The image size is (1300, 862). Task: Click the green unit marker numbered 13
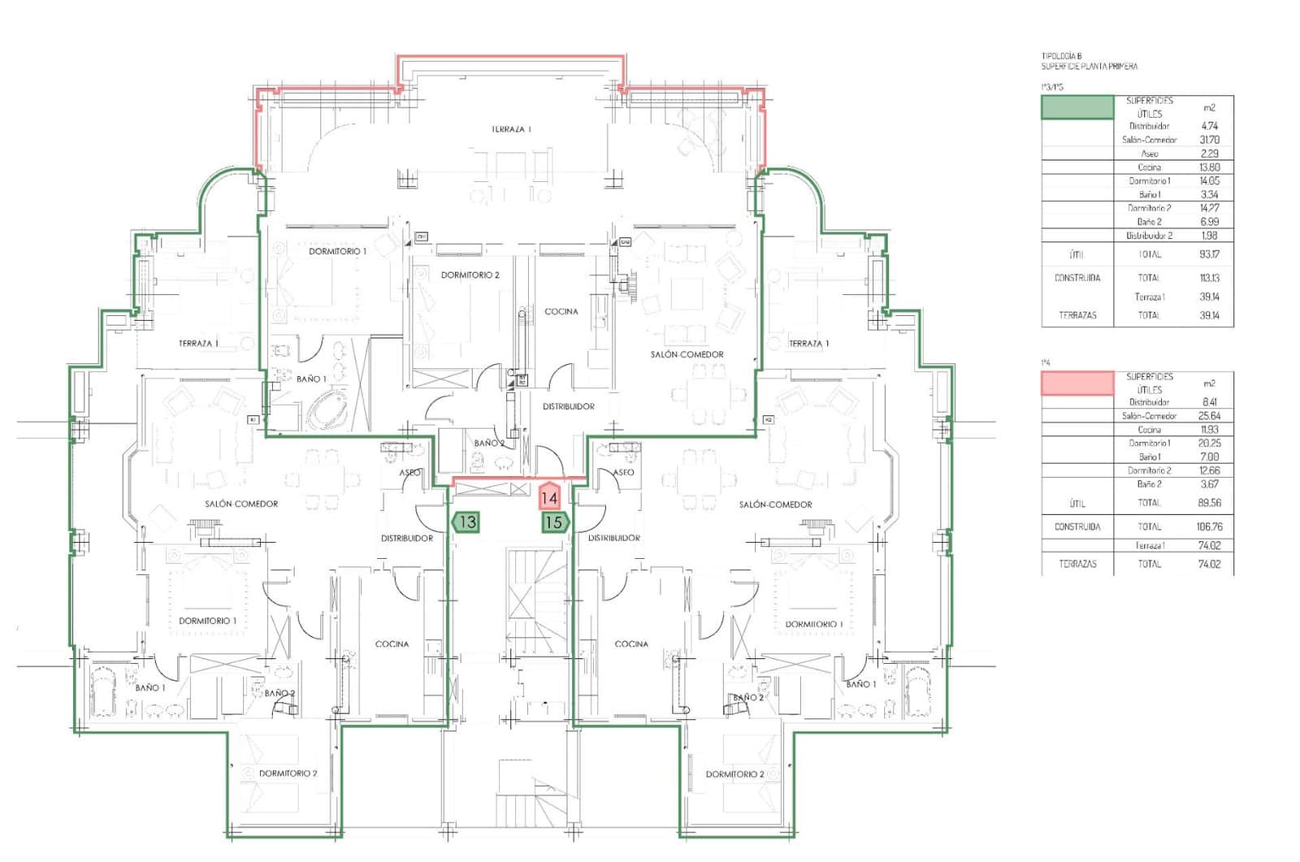coord(466,522)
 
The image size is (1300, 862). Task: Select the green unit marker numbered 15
coord(554,522)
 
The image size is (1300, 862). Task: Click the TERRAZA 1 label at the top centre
coord(511,129)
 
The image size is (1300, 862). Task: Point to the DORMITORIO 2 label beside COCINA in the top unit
coord(470,275)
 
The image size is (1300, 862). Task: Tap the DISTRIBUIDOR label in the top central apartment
coord(568,406)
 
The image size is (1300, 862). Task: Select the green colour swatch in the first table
coord(1077,107)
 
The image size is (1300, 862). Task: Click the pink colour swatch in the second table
coord(1077,383)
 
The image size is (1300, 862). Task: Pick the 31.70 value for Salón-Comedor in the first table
coord(1209,140)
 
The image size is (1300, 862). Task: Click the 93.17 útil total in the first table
coord(1209,254)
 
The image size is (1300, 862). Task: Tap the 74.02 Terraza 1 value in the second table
coord(1209,546)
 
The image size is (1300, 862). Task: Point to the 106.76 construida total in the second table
coord(1209,526)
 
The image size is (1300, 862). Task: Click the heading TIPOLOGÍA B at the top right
coord(1061,56)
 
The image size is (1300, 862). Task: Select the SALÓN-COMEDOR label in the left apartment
coord(241,504)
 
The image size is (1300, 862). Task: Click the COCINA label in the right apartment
coord(631,643)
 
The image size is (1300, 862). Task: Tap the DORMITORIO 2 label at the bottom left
coord(288,773)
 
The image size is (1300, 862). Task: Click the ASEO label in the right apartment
coord(623,472)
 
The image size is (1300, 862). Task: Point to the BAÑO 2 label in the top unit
coord(489,443)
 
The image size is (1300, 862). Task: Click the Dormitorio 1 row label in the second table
coord(1149,443)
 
